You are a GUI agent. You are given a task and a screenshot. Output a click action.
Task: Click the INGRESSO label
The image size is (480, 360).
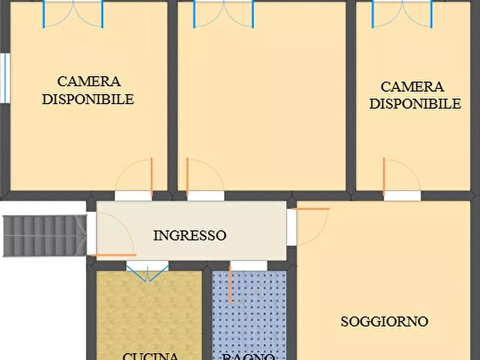(189, 235)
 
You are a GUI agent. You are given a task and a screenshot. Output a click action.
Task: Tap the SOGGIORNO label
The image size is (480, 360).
(384, 321)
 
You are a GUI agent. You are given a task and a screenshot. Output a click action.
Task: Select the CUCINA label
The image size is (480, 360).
(150, 356)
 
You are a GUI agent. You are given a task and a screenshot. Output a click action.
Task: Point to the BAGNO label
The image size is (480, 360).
(249, 356)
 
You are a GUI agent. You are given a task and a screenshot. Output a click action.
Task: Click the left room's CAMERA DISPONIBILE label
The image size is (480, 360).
(89, 90)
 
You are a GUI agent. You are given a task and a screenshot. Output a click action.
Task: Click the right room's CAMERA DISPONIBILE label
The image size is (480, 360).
(414, 95)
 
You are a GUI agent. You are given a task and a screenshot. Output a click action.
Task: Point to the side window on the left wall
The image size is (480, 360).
(5, 78)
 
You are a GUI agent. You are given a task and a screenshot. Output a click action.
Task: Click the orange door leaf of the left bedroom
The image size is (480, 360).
(152, 176)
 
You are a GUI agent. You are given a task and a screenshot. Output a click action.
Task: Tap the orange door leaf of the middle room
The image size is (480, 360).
(187, 176)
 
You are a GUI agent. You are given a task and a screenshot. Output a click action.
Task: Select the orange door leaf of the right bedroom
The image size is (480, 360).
(384, 176)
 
